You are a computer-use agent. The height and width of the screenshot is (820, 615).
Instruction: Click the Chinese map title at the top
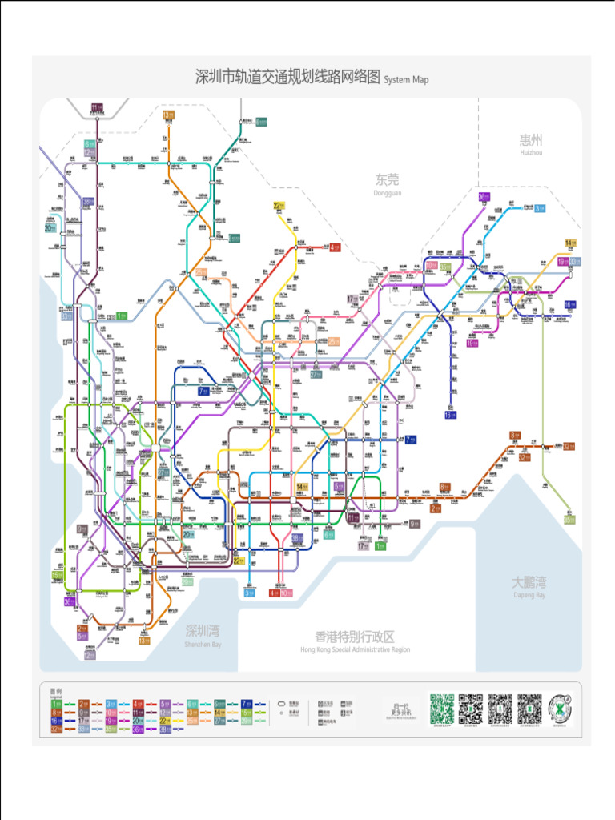pos(288,78)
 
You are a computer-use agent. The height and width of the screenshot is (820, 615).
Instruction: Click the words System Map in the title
pos(406,80)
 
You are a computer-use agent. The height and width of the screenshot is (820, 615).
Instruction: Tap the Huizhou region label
pos(531,143)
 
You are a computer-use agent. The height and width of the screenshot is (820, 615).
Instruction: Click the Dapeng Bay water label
pos(529,585)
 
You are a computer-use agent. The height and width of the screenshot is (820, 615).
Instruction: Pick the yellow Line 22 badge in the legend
pos(165,720)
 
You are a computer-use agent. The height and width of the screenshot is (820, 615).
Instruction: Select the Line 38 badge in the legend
pos(165,729)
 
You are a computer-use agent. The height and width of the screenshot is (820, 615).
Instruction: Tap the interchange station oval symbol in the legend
pos(282,703)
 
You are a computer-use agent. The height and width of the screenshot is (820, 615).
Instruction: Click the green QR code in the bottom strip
pos(441,709)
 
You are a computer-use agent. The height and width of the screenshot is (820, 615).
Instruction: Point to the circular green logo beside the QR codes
pos(561,709)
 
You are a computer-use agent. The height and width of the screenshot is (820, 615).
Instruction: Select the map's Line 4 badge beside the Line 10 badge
pos(275,593)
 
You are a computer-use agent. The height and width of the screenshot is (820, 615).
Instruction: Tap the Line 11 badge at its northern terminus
pos(97,108)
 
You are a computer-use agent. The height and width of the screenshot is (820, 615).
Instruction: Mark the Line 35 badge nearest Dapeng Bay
pos(569,520)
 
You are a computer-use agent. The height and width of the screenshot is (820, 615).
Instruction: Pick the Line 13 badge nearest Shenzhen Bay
pos(144,640)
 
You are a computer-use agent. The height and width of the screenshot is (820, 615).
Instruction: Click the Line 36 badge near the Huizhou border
pos(484,197)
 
